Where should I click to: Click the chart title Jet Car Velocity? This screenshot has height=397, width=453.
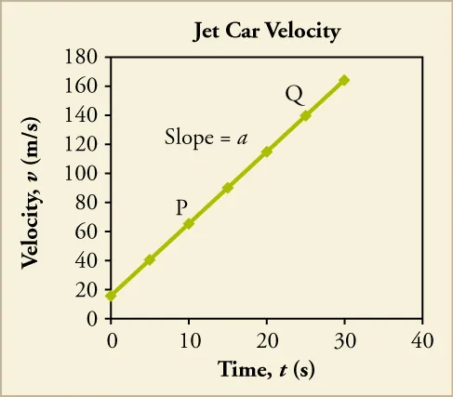point(266,32)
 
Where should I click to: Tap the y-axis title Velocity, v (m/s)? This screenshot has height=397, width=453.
point(31,189)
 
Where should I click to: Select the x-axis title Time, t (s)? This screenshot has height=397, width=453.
point(266,369)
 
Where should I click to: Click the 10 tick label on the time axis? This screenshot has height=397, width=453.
point(188,338)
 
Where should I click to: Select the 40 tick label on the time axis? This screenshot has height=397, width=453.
point(422,338)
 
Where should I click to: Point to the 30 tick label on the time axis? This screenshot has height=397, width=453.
point(344,338)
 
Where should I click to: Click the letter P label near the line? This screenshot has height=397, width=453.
point(182,207)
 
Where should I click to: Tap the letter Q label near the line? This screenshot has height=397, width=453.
point(294,94)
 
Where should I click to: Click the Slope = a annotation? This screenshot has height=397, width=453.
point(206,139)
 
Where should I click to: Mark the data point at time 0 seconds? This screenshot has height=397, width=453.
point(111,296)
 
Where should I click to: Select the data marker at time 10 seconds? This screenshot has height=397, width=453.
point(189,223)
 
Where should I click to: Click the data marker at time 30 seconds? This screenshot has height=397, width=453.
point(344,80)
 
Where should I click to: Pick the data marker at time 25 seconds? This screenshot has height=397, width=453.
point(305,115)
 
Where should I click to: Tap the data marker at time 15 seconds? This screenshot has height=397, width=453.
point(227,188)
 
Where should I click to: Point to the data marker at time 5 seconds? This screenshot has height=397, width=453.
point(150,259)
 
